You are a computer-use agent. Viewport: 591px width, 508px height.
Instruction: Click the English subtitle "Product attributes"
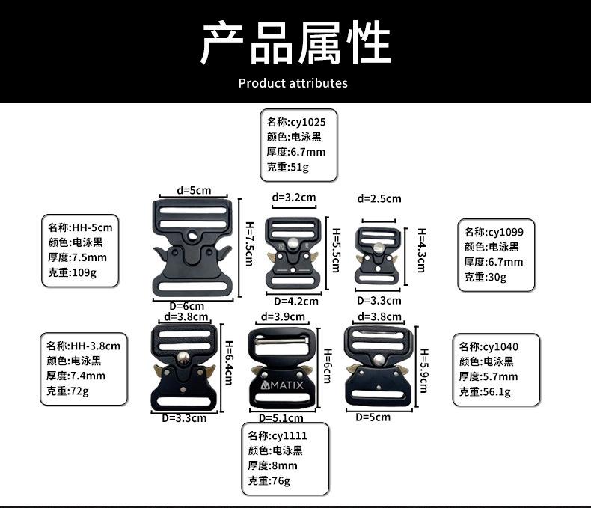293,82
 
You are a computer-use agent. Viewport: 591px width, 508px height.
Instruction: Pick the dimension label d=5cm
193,190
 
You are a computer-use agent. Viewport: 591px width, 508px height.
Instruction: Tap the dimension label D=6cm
186,305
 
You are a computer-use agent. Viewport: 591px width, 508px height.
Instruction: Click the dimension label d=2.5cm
379,198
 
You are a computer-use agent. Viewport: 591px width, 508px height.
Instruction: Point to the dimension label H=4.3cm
421,251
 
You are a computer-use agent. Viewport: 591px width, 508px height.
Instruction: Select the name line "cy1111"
278,435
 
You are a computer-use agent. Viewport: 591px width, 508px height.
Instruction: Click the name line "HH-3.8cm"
83,346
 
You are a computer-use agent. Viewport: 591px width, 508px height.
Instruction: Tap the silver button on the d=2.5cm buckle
380,251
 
